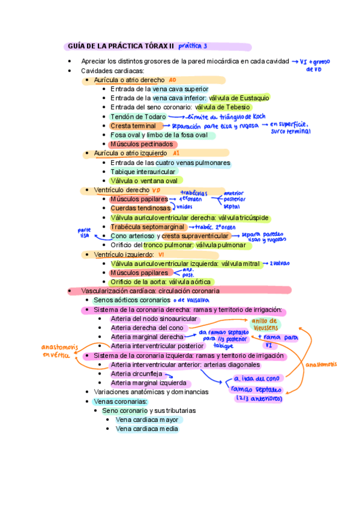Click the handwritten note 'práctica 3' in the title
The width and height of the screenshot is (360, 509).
coord(193,46)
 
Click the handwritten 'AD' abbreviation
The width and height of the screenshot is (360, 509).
coord(172,80)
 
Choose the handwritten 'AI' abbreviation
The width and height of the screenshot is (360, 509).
coord(176,153)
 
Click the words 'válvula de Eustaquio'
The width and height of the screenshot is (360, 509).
coord(239,98)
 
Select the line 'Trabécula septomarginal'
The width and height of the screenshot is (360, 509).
coord(147,227)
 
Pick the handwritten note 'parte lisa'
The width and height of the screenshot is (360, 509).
coord(84,232)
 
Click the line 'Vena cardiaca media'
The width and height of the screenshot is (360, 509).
coord(146,429)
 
